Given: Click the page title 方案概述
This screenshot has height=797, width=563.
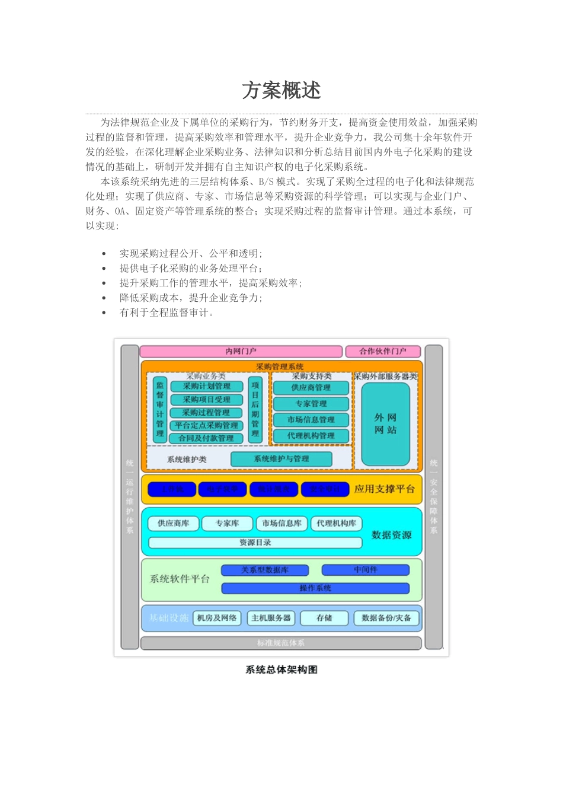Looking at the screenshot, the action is tap(281, 91).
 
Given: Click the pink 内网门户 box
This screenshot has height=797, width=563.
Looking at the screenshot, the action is tap(241, 352).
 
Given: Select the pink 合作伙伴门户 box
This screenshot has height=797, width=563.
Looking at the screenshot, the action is tap(383, 352).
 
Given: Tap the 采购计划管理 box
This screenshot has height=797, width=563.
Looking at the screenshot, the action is tap(206, 387).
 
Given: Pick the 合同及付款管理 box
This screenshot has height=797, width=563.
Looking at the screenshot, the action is tap(206, 438).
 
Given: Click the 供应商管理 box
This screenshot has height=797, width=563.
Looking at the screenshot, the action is tap(311, 388).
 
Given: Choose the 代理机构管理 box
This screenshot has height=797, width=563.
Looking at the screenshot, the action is tap(311, 436).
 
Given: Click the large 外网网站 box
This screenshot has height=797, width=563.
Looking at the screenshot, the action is tap(385, 424).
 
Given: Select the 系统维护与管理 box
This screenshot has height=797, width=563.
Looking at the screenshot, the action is tap(281, 459).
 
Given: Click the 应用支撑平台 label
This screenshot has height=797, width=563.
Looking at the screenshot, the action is tap(384, 489).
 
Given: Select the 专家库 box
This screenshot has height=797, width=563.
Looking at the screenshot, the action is tap(227, 524).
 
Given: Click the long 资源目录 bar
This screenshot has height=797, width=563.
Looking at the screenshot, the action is tap(255, 543).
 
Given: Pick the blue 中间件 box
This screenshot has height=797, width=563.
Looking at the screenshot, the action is tap(365, 570).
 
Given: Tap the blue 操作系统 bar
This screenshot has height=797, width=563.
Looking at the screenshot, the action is tap(315, 588).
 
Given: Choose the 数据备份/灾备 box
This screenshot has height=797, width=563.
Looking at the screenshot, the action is tap(386, 618).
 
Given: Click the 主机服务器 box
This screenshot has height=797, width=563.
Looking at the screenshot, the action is tap(271, 618).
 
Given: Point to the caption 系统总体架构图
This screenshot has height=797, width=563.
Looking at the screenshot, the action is tap(281, 670).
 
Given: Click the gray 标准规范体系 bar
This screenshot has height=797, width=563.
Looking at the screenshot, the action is tap(281, 643).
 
